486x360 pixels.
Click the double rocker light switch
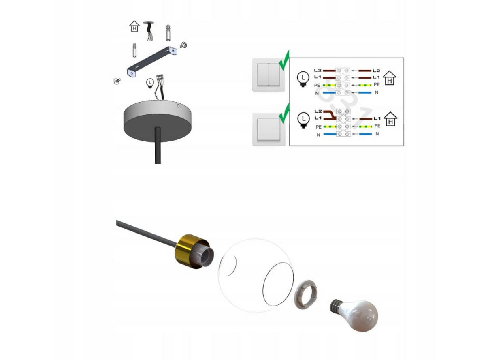point(268,75)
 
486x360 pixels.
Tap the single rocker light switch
point(269,129)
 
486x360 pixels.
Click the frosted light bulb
point(354,315)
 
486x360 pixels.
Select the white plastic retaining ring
point(306,294)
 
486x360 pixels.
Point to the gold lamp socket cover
point(191,251)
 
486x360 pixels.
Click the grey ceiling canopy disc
point(157,121)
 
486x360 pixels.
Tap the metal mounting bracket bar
point(152,62)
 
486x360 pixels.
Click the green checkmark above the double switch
point(284,60)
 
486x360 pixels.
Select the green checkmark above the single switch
point(284,114)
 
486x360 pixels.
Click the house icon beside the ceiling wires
point(134,26)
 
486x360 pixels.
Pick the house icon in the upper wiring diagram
point(389,78)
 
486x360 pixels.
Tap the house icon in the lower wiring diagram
point(390,119)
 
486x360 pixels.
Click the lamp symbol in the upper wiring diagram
point(303,79)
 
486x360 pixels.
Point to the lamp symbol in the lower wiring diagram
point(303,120)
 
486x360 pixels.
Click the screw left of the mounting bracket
point(117,81)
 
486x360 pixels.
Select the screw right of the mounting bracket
point(183,45)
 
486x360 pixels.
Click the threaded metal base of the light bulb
point(336,305)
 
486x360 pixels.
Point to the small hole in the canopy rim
point(178,106)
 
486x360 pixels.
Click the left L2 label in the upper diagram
point(318,71)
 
